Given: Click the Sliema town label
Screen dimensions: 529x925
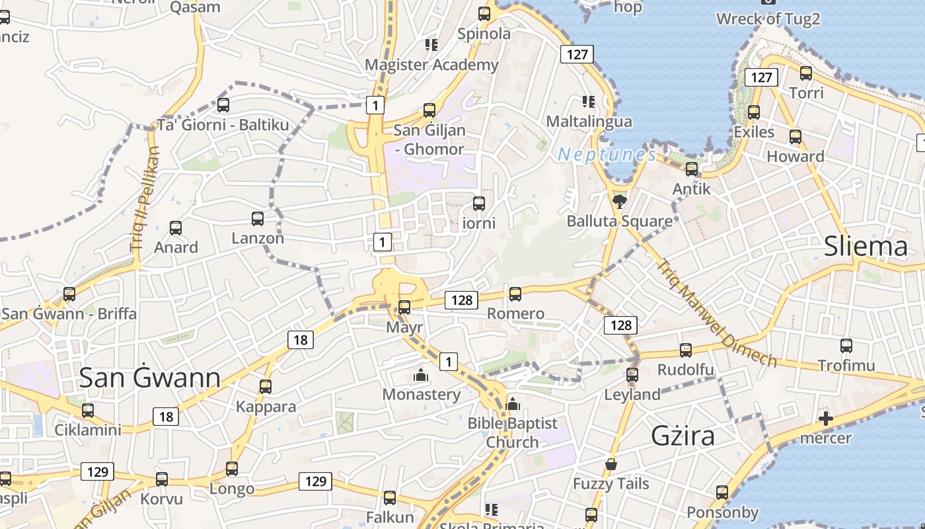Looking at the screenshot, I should click(866, 247).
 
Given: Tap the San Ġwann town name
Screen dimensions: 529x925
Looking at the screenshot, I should click(149, 378).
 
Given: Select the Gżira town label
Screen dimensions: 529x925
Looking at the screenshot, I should click(683, 436).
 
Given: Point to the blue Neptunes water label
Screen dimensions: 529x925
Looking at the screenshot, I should click(607, 155).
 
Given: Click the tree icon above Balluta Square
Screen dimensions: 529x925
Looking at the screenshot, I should click(619, 200).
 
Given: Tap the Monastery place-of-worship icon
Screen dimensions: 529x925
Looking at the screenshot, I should click(421, 375).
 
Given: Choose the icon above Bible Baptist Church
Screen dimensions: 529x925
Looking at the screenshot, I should click(513, 403).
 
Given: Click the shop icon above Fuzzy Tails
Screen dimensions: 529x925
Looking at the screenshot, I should click(611, 464).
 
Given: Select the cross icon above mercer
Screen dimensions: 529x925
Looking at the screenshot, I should click(825, 418).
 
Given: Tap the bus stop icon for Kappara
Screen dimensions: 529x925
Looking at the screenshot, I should click(266, 386).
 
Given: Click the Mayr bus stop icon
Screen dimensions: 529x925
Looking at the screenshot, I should click(404, 307).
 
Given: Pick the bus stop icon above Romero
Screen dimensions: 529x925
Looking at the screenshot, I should click(515, 294).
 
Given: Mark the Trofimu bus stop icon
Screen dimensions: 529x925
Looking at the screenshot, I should click(846, 345).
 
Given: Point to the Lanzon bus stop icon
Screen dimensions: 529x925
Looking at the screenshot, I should click(258, 218).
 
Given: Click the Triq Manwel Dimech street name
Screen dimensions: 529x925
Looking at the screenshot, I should click(715, 312).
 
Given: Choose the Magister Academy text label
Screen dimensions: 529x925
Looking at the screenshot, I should click(431, 65).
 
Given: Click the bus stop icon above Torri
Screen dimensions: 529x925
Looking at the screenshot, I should click(806, 73).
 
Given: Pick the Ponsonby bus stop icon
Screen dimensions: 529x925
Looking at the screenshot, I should click(722, 493).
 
